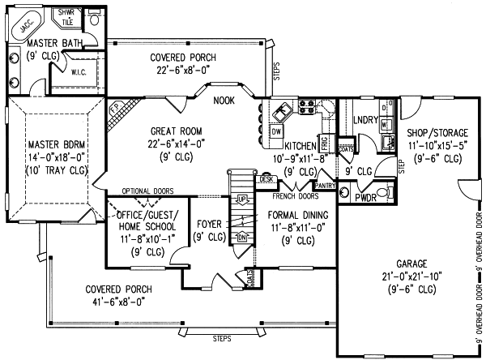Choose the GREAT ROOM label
coord(176,131)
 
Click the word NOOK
coord(224,101)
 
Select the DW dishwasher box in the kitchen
coord(276,131)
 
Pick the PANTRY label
coord(325,186)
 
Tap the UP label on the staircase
coord(241,198)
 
